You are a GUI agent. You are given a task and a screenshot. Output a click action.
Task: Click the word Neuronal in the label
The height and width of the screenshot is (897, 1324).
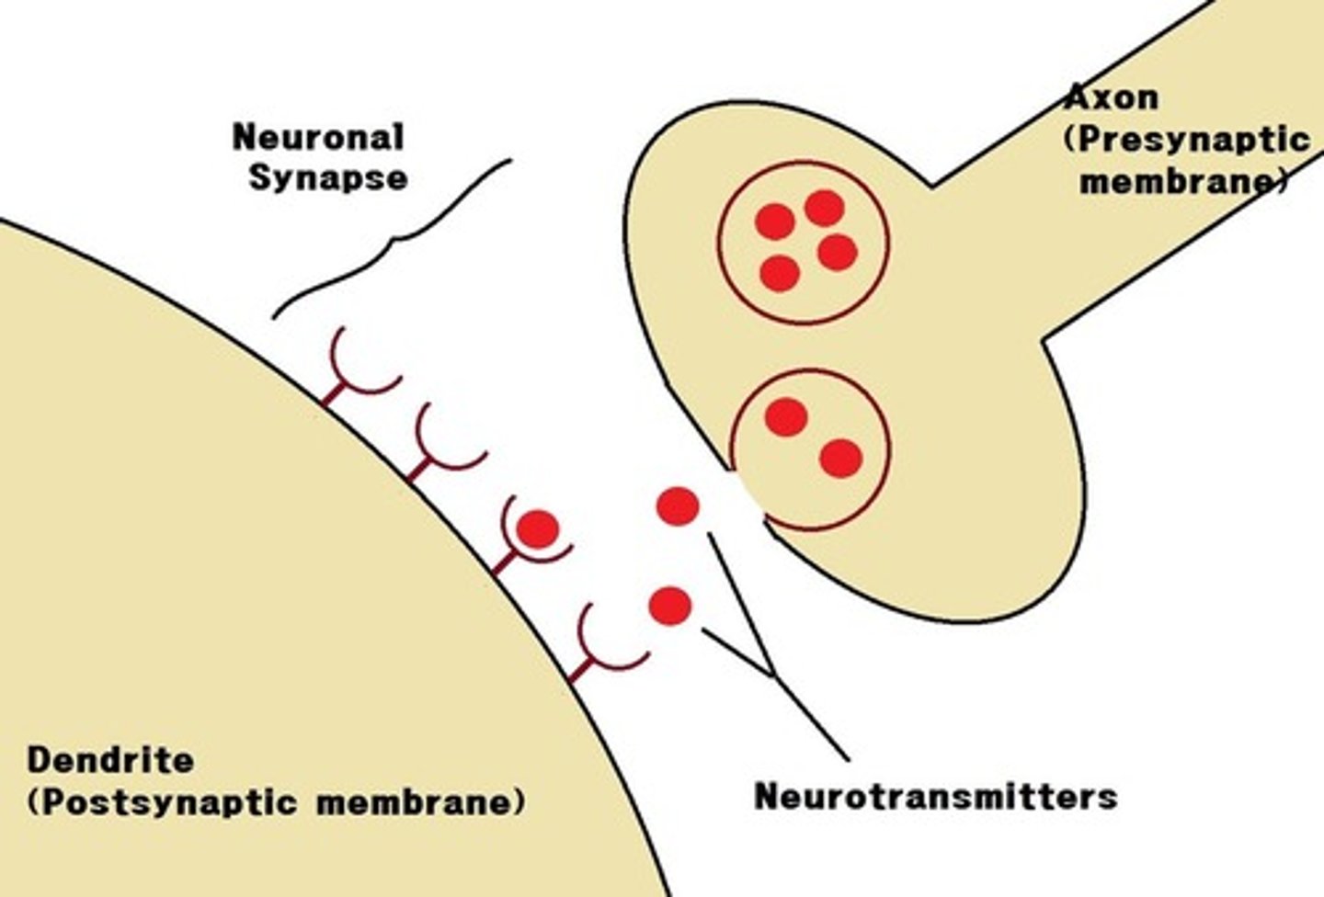click(x=318, y=138)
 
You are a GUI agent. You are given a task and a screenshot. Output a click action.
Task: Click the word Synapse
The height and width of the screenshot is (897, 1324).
click(x=328, y=176)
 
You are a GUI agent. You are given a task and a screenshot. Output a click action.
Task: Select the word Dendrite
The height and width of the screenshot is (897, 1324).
click(x=110, y=761)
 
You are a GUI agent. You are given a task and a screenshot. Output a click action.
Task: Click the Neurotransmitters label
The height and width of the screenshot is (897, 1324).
click(x=935, y=796)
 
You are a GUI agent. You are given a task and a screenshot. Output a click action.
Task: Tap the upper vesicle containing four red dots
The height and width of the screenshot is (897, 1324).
click(x=803, y=243)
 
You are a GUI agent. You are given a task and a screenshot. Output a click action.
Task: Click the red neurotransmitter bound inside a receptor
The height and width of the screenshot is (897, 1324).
click(x=538, y=528)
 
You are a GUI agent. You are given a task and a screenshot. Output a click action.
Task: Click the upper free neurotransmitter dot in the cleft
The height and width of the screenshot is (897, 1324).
click(x=678, y=506)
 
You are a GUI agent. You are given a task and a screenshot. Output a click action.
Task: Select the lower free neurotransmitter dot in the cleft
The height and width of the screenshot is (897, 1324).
click(x=669, y=606)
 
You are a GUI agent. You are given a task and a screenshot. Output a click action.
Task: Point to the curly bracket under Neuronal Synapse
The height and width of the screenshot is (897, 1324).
click(x=395, y=241)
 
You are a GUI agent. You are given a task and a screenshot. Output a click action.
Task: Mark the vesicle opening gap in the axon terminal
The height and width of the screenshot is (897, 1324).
click(x=748, y=497)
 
